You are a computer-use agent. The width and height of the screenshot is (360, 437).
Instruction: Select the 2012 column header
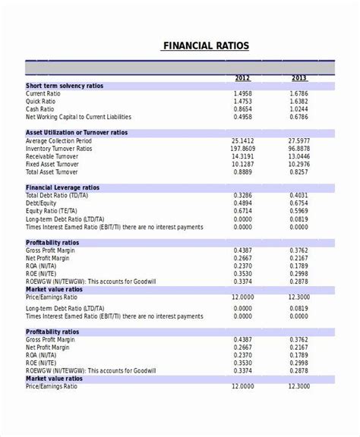pyautogui.click(x=242, y=78)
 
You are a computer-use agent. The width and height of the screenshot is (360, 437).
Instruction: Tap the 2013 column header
pyautogui.click(x=299, y=78)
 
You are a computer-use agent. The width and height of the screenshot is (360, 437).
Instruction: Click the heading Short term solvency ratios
pyautogui.click(x=65, y=86)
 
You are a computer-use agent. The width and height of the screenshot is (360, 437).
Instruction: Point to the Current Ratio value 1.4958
pyautogui.click(x=243, y=93)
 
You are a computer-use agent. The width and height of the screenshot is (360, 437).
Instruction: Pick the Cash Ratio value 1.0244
pyautogui.click(x=299, y=108)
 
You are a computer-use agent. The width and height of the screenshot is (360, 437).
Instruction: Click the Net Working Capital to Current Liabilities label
pyautogui.click(x=78, y=117)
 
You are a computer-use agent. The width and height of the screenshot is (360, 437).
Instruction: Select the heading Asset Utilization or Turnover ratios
pyautogui.click(x=77, y=133)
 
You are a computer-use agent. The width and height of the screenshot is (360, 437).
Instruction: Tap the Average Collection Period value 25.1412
pyautogui.click(x=242, y=140)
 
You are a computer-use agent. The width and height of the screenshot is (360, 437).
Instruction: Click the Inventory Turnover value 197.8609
pyautogui.click(x=242, y=148)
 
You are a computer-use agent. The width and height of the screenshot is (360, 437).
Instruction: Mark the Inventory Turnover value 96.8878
pyautogui.click(x=299, y=148)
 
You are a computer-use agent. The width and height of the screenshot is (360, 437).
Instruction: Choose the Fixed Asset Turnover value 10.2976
pyautogui.click(x=299, y=163)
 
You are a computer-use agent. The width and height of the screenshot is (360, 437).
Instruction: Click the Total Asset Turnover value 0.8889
pyautogui.click(x=243, y=171)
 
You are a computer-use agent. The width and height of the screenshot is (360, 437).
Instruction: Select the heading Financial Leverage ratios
pyautogui.click(x=62, y=187)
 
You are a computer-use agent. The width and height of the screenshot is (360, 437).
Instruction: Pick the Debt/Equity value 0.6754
pyautogui.click(x=299, y=203)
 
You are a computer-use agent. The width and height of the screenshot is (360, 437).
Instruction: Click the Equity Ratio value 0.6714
pyautogui.click(x=243, y=210)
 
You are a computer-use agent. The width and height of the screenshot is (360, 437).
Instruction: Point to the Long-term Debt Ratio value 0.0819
pyautogui.click(x=299, y=218)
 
